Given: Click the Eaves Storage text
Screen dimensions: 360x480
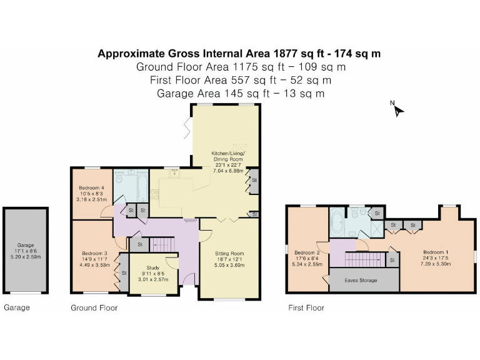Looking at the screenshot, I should click(x=361, y=281).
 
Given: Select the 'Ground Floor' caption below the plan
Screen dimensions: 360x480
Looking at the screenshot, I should click(x=94, y=308).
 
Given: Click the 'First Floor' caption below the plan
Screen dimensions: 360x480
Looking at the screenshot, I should click(x=306, y=308).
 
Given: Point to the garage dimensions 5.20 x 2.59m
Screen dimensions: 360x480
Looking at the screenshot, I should click(x=26, y=256).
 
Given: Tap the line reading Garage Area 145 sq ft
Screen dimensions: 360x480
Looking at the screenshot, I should click(x=240, y=94).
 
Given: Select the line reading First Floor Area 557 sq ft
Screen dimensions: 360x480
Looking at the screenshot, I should click(x=240, y=80).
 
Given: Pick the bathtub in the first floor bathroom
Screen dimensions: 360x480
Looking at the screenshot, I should click(x=338, y=221).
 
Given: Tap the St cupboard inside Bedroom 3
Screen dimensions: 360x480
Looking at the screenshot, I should click(x=124, y=273).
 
